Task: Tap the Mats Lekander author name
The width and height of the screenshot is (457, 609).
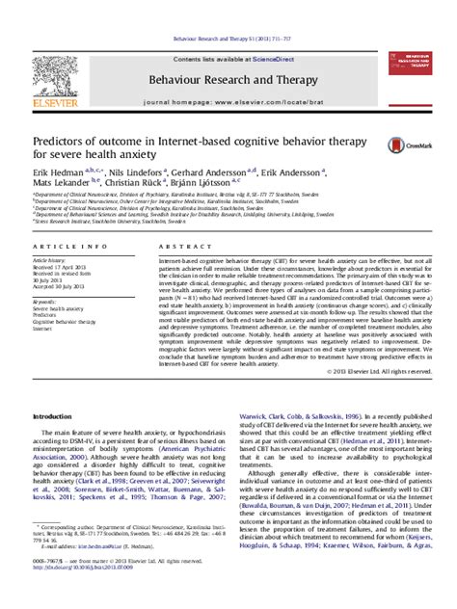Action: [x=60, y=180]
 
